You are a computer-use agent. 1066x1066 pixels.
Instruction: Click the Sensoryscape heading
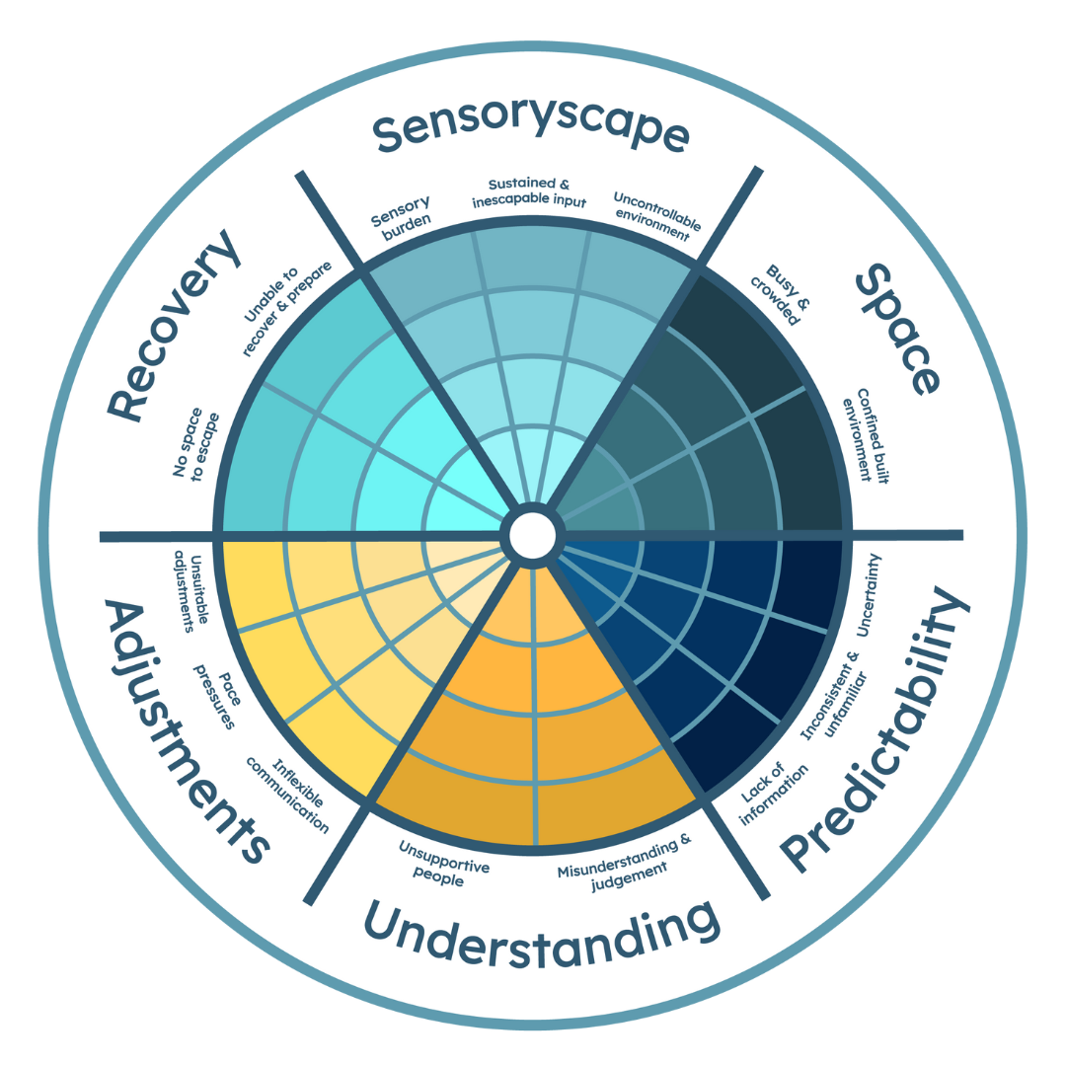pos(530,132)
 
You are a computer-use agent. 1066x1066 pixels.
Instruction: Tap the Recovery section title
pos(175,325)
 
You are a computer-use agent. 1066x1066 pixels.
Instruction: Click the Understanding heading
pos(538,933)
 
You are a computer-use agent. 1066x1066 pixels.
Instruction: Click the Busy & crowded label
pos(787,292)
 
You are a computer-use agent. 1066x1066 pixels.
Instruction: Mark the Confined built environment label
pos(861,427)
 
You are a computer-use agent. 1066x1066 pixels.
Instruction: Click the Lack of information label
pos(772,790)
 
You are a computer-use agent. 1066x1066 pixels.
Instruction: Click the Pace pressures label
pos(220,695)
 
